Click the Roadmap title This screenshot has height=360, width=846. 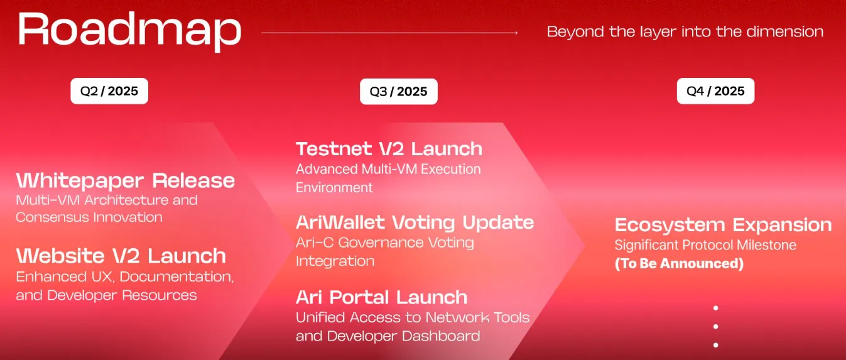(x=129, y=30)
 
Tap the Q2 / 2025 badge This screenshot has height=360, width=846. (x=109, y=91)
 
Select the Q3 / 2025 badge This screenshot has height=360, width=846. (x=398, y=92)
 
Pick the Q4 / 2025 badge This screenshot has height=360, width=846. (x=715, y=91)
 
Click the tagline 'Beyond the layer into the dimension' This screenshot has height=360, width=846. (x=685, y=31)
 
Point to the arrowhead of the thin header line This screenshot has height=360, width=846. (x=516, y=33)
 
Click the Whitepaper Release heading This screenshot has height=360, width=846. (x=125, y=181)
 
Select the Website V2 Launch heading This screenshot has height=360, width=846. (x=121, y=256)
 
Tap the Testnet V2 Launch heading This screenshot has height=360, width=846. (x=389, y=149)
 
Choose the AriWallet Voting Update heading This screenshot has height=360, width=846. (x=415, y=222)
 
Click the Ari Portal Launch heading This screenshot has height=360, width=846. (x=381, y=297)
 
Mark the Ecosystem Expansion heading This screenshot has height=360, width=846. (x=723, y=225)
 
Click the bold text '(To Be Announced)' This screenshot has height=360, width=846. (x=679, y=264)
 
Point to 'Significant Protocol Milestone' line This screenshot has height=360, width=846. (x=705, y=245)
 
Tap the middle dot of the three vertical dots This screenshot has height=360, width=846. (x=715, y=327)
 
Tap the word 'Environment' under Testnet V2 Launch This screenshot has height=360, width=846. (x=334, y=188)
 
